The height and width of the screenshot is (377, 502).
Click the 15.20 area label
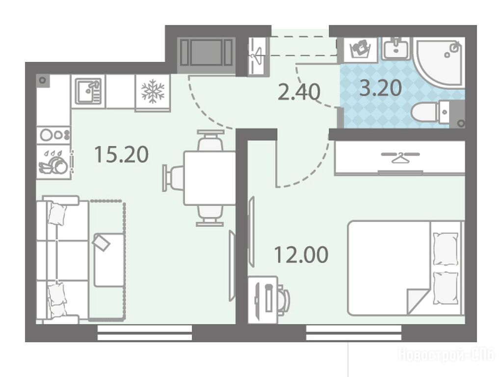click(122, 154)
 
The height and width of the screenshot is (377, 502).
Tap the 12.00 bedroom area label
click(301, 254)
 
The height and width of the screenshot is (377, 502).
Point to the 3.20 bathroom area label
click(381, 88)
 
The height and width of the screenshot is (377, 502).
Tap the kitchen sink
click(88, 91)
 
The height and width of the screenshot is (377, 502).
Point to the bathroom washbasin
click(396, 49)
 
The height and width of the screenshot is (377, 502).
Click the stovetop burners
click(53, 135)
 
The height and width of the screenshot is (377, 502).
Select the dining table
click(210, 178)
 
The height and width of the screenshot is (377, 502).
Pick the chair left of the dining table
click(173, 178)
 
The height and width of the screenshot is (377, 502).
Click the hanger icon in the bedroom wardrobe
click(400, 156)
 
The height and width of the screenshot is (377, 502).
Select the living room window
click(145, 333)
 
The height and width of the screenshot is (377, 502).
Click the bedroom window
click(354, 333)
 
